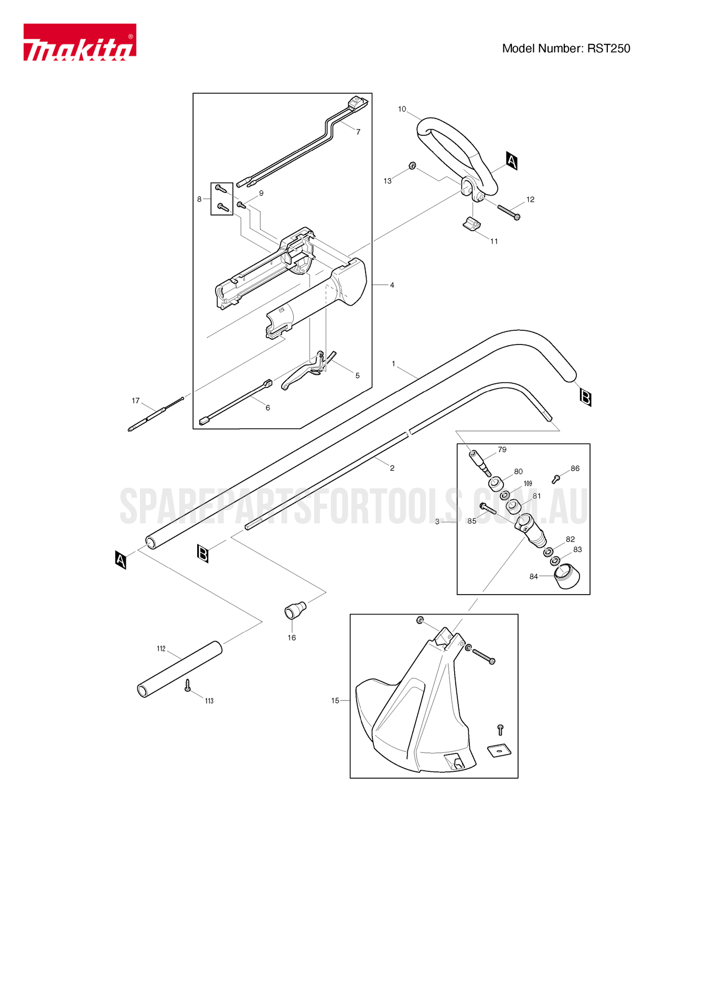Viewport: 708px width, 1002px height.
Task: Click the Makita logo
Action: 79,42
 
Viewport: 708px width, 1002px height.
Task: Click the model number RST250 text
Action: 566,48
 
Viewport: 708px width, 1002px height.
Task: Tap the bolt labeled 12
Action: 508,212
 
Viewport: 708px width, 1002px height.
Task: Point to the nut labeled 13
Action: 412,166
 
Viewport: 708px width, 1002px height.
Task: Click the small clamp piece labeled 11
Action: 471,224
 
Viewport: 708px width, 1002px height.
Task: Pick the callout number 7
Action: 358,132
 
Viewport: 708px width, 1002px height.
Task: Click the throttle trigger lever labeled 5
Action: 302,374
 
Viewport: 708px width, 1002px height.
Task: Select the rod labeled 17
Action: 156,414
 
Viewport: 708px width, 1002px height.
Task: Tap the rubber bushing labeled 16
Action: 295,610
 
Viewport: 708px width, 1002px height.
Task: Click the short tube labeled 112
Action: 179,669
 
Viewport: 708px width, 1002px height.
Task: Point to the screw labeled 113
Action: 188,685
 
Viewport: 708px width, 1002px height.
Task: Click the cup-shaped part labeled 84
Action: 567,576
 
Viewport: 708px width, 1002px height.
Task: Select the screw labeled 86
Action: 556,478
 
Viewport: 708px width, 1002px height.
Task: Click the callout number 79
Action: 502,449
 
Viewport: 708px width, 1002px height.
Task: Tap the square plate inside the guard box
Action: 499,751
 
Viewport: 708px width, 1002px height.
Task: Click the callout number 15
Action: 335,701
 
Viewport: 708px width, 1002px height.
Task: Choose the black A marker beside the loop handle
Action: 512,160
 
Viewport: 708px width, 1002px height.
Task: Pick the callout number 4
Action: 392,285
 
